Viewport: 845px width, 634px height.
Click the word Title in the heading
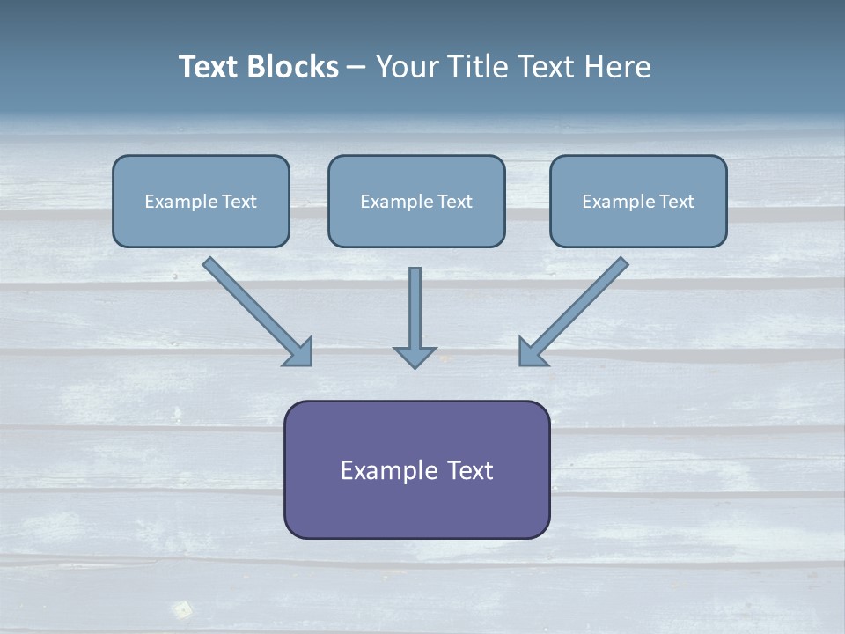[x=479, y=67]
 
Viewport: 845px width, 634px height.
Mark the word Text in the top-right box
[x=676, y=202]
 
